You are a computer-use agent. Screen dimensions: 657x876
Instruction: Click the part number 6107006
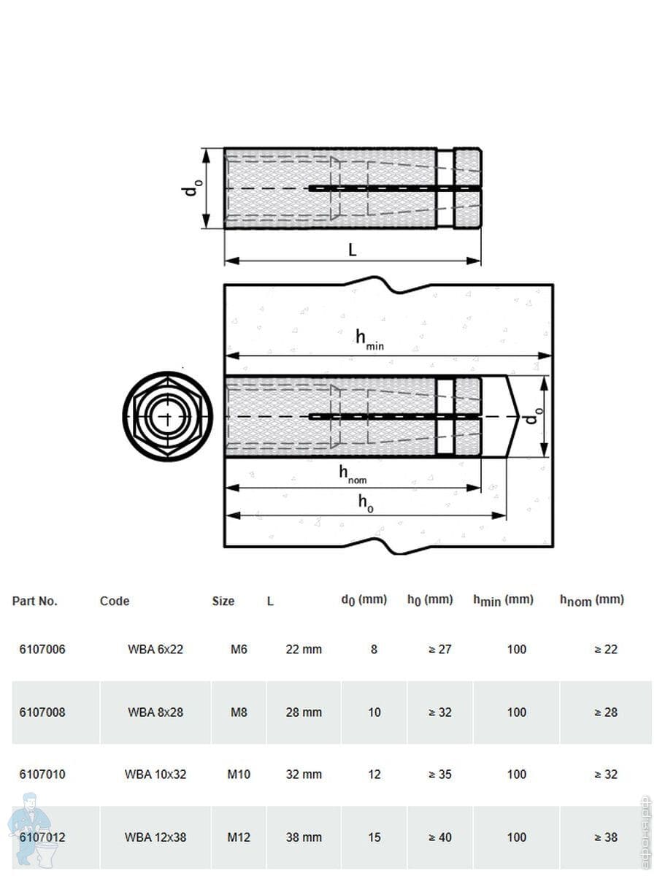(42, 649)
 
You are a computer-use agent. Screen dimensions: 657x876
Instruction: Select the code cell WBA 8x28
(155, 712)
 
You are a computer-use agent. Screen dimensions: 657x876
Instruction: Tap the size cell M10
(239, 775)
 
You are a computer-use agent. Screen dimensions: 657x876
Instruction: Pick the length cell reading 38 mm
(304, 837)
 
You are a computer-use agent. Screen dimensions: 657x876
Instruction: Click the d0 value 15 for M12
(374, 837)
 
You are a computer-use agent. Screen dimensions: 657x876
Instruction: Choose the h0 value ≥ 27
(439, 649)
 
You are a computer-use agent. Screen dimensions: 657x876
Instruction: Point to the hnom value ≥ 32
(606, 775)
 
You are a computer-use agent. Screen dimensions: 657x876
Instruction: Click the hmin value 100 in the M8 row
(517, 712)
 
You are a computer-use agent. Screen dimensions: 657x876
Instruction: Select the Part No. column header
(35, 601)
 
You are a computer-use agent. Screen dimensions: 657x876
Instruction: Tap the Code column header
(115, 601)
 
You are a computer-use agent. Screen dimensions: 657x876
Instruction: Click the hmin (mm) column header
(503, 601)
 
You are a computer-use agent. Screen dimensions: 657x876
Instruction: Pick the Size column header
(223, 601)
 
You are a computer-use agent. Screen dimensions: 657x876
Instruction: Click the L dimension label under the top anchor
(352, 250)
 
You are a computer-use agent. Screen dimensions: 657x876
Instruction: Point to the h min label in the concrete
(370, 339)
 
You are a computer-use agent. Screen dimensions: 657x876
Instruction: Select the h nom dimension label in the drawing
(353, 474)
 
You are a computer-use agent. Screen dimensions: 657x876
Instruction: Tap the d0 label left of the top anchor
(192, 188)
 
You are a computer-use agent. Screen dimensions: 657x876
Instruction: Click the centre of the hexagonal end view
(168, 417)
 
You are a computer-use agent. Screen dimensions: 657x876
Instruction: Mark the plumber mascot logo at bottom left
(30, 829)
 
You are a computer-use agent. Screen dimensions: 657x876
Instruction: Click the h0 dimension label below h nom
(366, 504)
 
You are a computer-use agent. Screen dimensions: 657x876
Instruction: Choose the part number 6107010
(42, 775)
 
